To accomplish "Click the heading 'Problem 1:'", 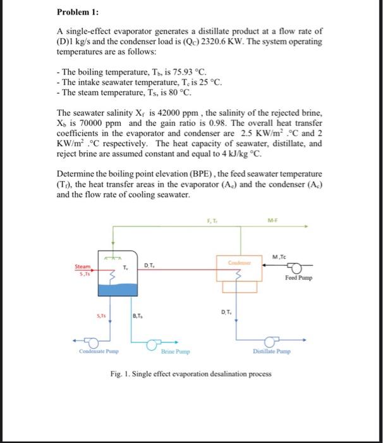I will [74, 12].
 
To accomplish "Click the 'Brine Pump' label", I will [172, 351].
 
